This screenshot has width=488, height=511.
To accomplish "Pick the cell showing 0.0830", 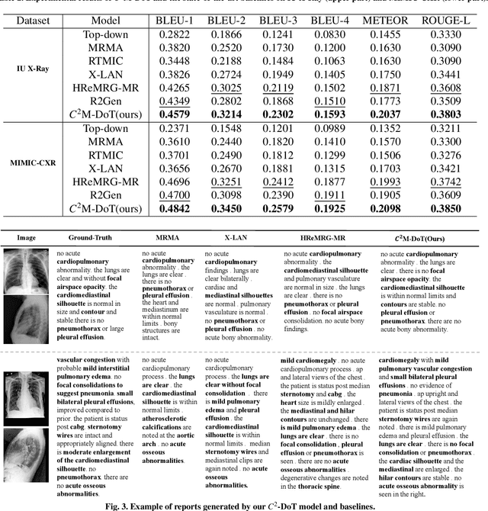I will pyautogui.click(x=313, y=34).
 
